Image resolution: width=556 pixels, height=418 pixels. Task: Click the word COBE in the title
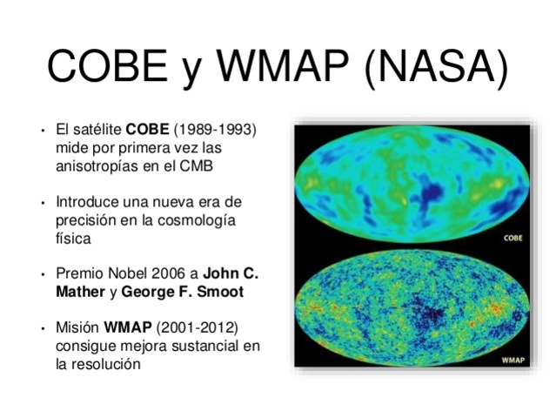click(108, 67)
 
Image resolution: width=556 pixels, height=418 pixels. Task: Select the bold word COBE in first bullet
click(148, 130)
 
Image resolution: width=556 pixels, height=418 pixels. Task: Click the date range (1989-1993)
click(215, 130)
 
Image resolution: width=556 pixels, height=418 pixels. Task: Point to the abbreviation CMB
click(194, 165)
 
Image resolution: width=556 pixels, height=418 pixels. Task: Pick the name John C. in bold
click(231, 273)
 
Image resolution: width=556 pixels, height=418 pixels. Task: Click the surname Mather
click(80, 292)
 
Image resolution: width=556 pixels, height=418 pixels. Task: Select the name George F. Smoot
click(182, 292)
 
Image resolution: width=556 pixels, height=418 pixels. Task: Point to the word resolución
click(110, 364)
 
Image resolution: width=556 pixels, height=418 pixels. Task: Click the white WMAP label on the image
click(510, 359)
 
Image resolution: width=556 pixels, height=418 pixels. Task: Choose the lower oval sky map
click(412, 309)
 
